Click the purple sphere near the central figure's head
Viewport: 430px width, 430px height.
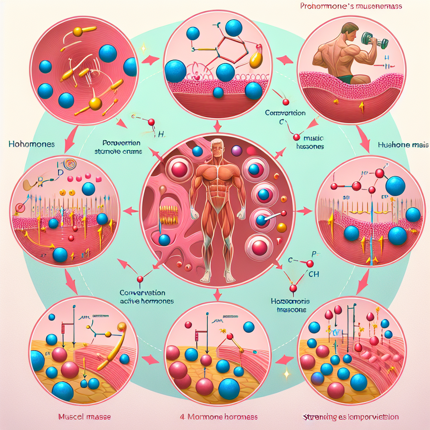tap(237, 151)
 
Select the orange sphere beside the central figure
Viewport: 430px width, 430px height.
tap(282, 228)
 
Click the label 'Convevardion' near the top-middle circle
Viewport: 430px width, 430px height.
tap(285, 113)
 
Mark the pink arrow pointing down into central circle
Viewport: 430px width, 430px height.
tap(217, 126)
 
